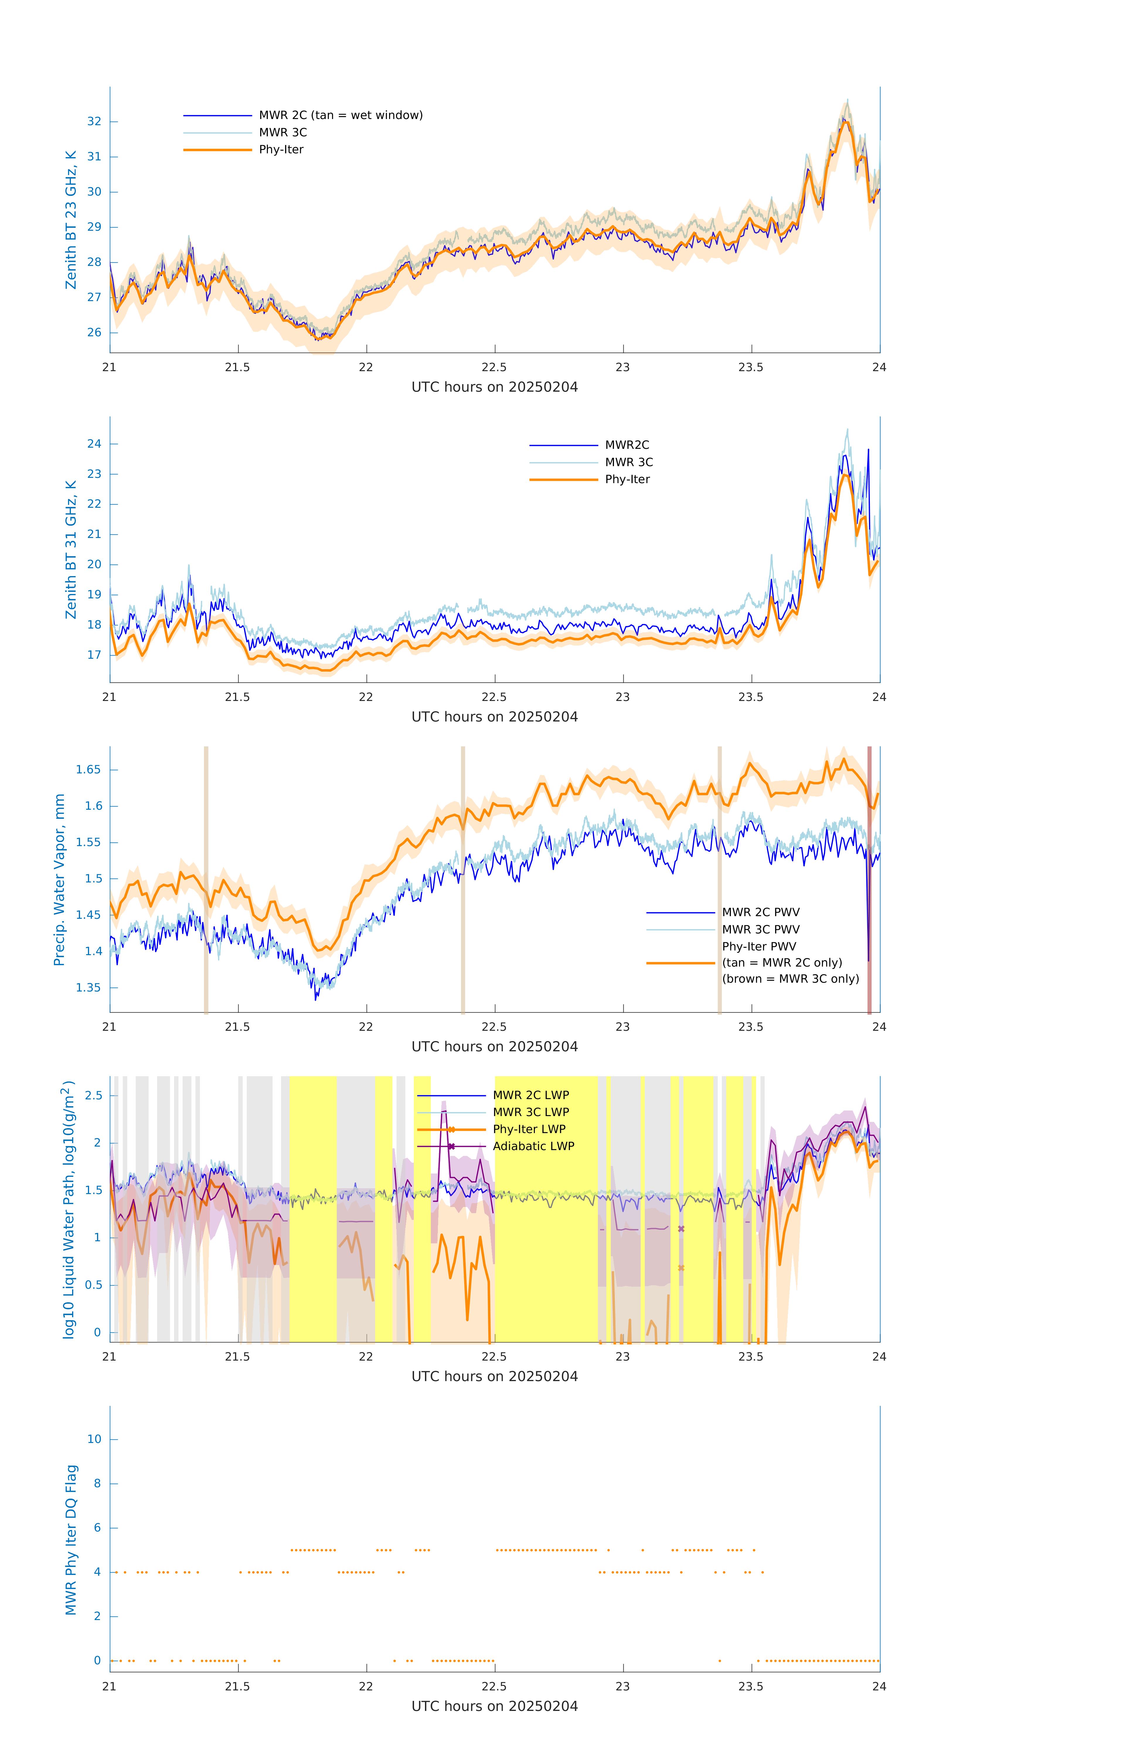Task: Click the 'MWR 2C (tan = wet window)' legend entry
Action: click(x=340, y=116)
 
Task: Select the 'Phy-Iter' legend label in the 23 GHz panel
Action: click(x=281, y=150)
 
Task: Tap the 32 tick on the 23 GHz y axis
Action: click(x=94, y=121)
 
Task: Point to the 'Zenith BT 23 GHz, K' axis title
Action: click(x=71, y=220)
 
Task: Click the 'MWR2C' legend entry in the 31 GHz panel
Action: click(x=627, y=445)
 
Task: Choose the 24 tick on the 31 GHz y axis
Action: click(x=94, y=444)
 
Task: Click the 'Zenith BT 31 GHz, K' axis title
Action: click(x=71, y=549)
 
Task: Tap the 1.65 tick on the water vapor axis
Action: click(x=89, y=770)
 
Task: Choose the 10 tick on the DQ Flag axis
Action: click(x=94, y=1440)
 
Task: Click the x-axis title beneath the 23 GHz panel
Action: click(x=494, y=387)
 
